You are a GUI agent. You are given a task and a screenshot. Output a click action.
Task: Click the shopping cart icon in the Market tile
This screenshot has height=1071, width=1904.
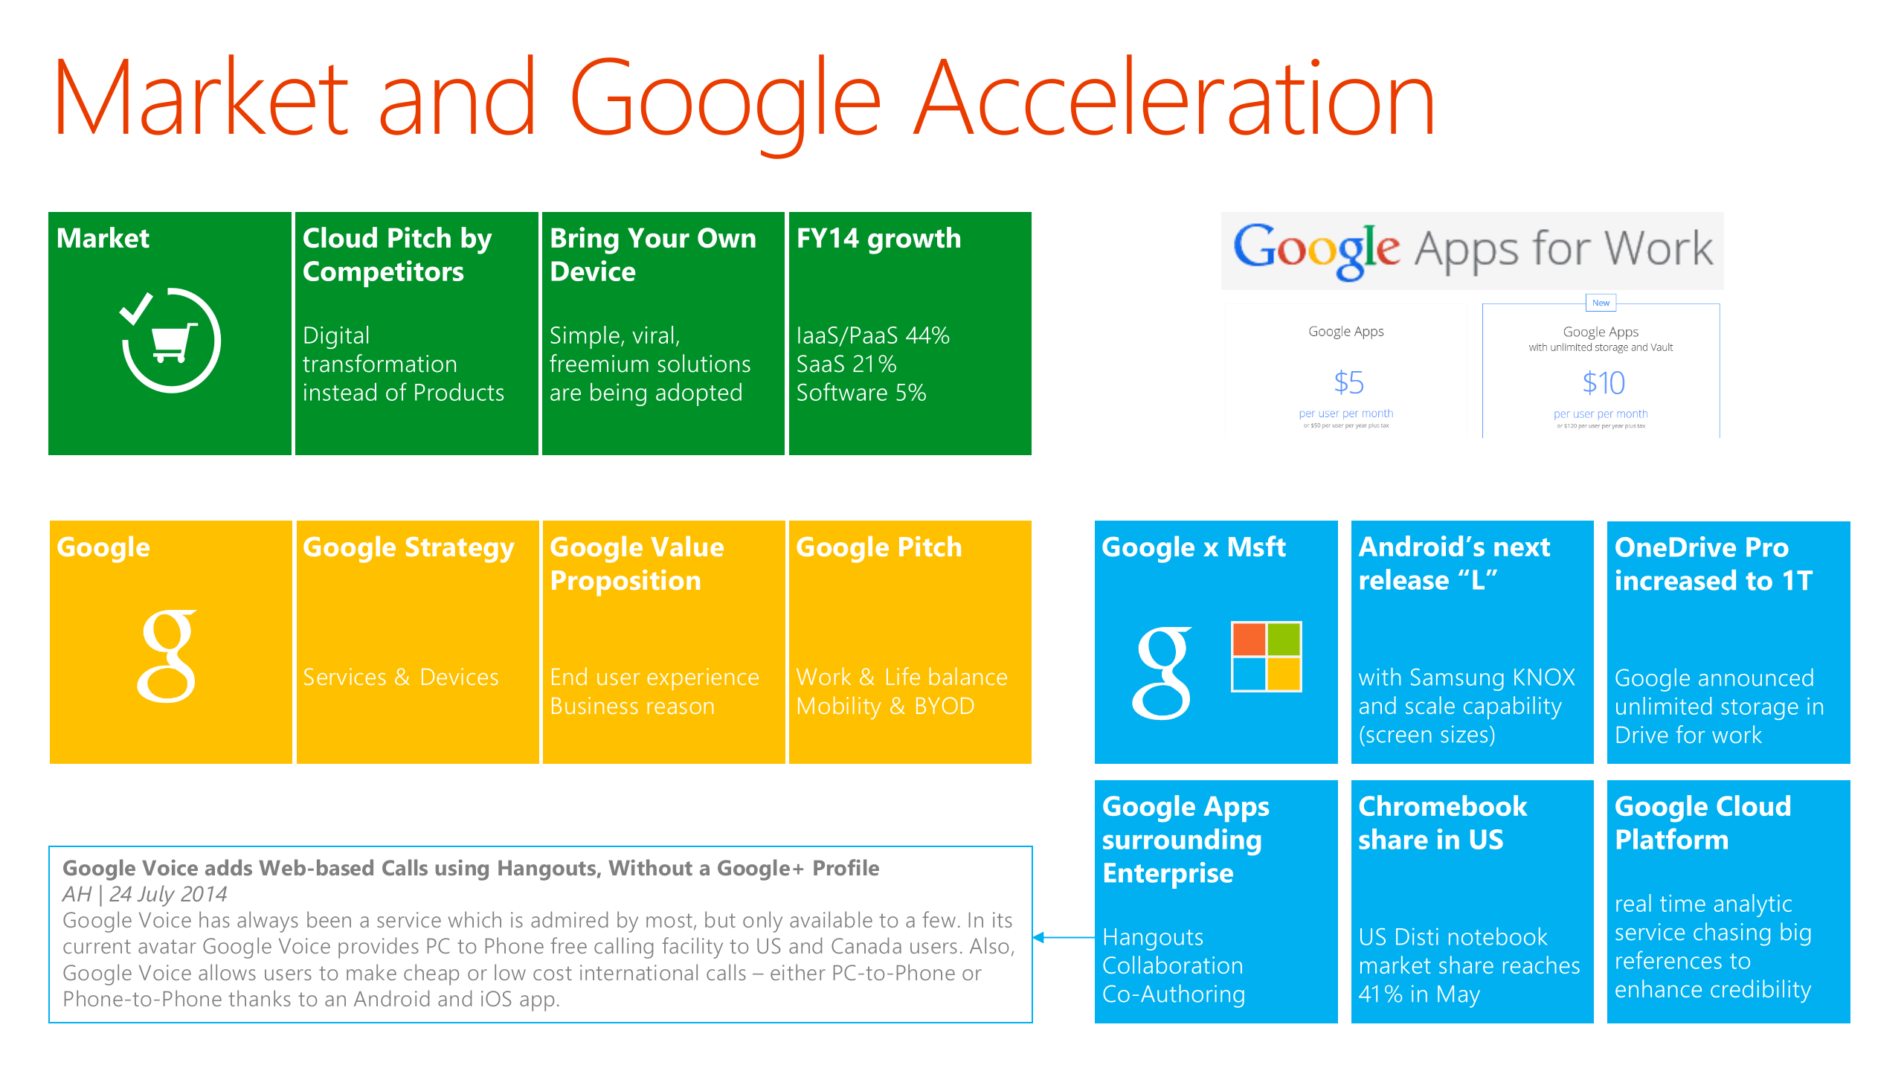point(173,343)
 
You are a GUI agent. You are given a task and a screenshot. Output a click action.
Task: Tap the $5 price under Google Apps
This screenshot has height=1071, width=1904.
point(1348,383)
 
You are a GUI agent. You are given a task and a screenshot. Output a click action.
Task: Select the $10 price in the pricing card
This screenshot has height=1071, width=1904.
point(1603,383)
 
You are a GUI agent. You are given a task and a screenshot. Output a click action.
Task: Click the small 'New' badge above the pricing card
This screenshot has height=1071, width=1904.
point(1601,303)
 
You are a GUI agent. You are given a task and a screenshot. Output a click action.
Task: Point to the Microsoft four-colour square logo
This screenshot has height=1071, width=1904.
point(1266,657)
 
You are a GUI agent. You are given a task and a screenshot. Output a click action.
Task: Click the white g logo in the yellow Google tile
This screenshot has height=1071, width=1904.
point(168,656)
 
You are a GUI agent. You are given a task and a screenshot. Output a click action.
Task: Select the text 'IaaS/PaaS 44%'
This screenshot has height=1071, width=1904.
point(872,335)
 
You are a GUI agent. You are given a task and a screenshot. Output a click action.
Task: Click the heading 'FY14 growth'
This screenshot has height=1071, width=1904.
point(878,239)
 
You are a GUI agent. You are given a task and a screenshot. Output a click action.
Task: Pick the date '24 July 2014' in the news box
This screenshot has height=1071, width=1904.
point(168,894)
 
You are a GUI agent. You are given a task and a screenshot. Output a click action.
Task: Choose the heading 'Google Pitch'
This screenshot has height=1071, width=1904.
point(878,547)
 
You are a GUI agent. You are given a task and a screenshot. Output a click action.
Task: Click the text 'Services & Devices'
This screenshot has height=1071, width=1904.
point(400,677)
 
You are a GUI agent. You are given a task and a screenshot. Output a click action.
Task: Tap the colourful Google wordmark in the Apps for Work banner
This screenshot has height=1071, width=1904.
point(1316,250)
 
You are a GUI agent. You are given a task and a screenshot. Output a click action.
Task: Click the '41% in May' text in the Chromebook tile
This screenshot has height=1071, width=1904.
point(1418,994)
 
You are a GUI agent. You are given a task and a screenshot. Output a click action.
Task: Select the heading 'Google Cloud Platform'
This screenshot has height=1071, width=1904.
point(1702,823)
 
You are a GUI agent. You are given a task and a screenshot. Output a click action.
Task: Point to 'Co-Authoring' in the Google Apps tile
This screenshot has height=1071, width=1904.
point(1173,994)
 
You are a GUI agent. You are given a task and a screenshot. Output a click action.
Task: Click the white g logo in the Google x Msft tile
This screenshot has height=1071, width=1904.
point(1162,673)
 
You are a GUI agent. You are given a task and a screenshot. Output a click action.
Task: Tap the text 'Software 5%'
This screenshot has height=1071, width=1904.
point(861,393)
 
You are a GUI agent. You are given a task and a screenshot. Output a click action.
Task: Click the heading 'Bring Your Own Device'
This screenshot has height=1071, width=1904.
point(652,254)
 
